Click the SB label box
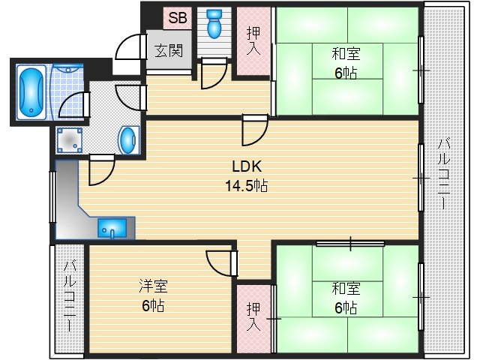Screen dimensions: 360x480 point(178,16)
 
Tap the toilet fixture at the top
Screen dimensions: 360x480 point(215,22)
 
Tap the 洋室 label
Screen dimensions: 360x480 point(152,286)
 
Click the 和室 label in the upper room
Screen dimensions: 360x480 point(346,53)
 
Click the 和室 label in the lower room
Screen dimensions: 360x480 point(346,288)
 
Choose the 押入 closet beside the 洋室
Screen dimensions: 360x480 point(253,316)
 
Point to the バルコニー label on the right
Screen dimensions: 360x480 point(443,173)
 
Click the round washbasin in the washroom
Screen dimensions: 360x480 point(129,139)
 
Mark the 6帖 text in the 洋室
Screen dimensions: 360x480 point(152,305)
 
